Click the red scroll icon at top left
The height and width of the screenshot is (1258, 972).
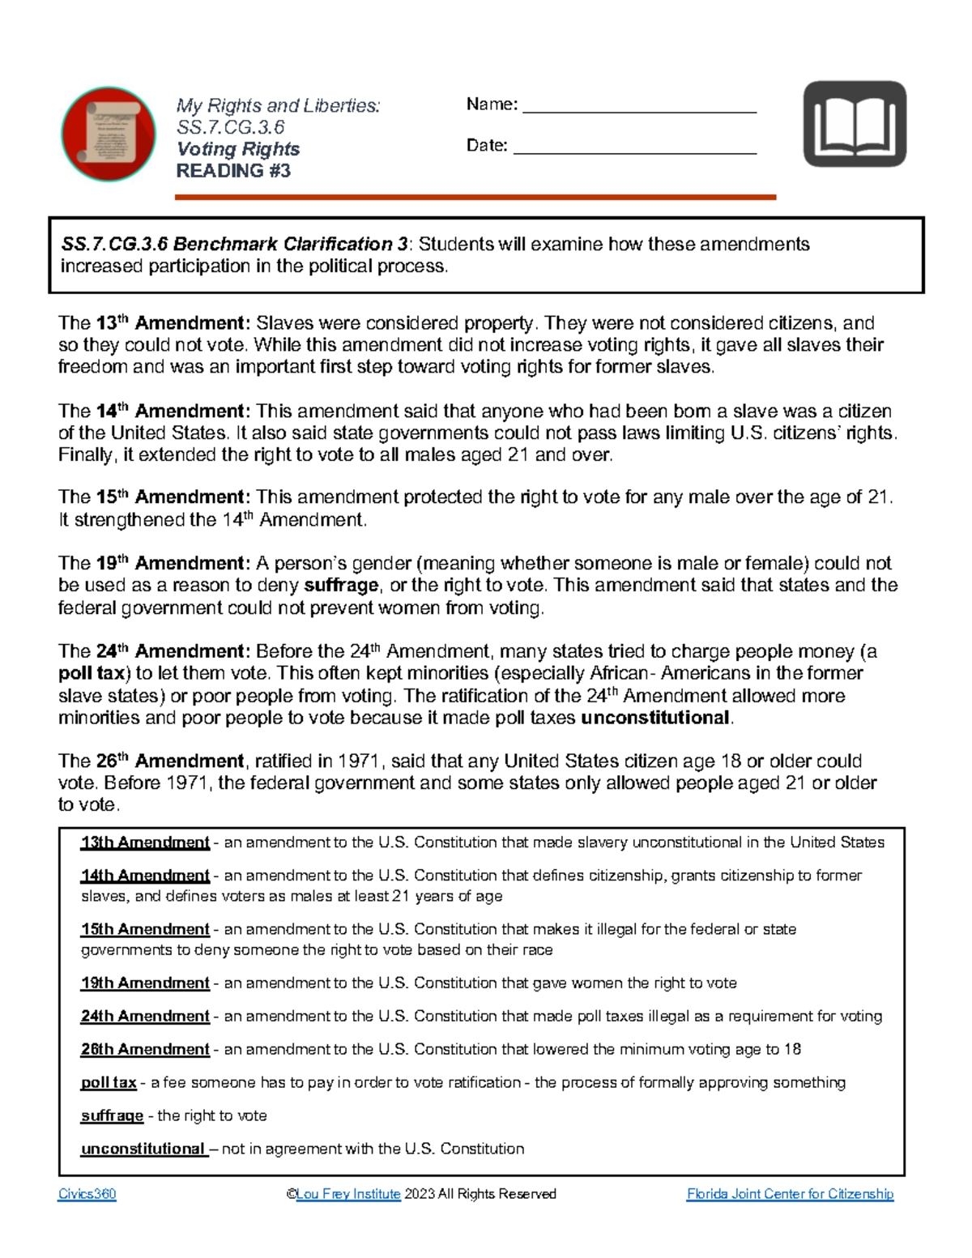point(109,134)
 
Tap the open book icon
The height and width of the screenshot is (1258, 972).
point(855,124)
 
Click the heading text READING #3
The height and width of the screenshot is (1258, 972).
point(233,171)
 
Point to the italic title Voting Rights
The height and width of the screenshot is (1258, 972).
point(238,149)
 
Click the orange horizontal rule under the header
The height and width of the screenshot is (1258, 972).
point(475,197)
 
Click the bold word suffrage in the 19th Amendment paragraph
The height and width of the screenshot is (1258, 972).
point(341,586)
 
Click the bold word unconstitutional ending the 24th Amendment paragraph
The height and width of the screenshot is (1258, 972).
point(655,718)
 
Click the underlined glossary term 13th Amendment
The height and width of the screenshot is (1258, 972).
point(145,842)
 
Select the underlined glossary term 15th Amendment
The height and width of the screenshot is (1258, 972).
point(145,929)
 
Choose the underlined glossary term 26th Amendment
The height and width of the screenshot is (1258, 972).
point(145,1049)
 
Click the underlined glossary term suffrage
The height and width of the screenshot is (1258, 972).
point(112,1115)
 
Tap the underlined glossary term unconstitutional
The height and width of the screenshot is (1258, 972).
point(143,1149)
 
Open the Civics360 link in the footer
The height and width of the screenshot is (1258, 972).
point(87,1194)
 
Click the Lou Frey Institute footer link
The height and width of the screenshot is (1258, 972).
point(348,1194)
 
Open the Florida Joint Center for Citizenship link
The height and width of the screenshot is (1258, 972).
point(790,1194)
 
